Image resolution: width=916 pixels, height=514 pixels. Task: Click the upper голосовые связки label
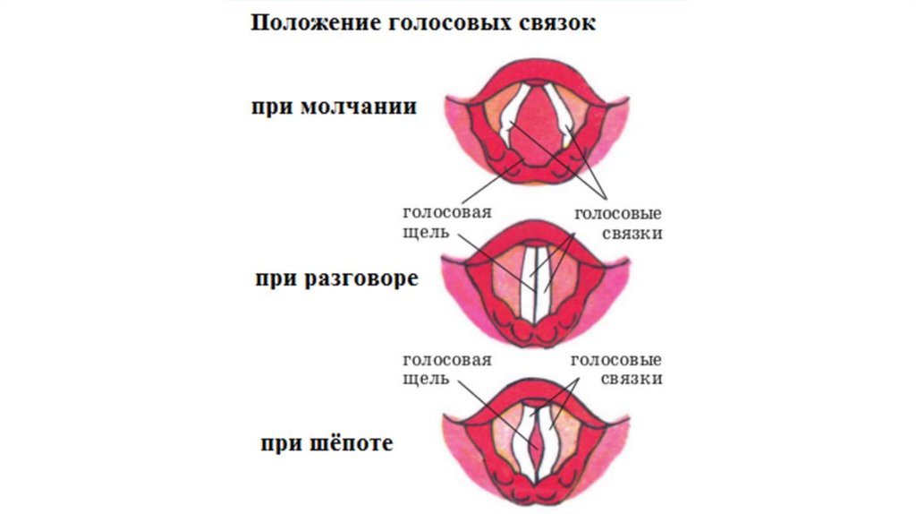(616, 223)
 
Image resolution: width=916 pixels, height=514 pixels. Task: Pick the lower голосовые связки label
(616, 370)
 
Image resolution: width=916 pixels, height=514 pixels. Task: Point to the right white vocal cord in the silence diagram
(564, 116)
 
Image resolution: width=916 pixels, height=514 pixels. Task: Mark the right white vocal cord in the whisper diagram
(552, 443)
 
